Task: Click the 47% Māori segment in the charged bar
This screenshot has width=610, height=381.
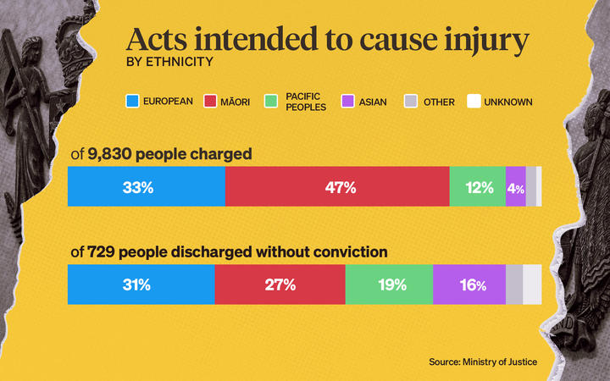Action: point(337,187)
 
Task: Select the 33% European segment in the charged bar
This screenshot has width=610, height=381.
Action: point(146,187)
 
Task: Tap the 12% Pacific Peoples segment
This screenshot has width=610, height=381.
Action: point(477,187)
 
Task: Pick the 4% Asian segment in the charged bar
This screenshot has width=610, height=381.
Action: point(515,187)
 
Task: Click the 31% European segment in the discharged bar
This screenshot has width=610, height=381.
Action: point(141,284)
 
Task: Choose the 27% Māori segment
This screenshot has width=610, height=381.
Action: point(280,284)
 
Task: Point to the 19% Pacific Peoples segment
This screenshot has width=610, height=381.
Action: point(389,284)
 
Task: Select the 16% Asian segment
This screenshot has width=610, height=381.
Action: point(469,284)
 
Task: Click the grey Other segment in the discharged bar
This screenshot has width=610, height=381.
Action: point(514,284)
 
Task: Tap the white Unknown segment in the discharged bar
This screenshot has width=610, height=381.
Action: point(532,284)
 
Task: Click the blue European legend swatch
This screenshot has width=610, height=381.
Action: point(131,102)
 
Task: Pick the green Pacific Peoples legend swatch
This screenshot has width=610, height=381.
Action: point(271,102)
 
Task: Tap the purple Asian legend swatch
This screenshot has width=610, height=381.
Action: point(347,102)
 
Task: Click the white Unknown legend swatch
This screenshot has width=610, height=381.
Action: point(474,102)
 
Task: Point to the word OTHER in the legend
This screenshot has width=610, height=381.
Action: point(439,102)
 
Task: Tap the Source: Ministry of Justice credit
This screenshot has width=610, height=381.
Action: point(482,362)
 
